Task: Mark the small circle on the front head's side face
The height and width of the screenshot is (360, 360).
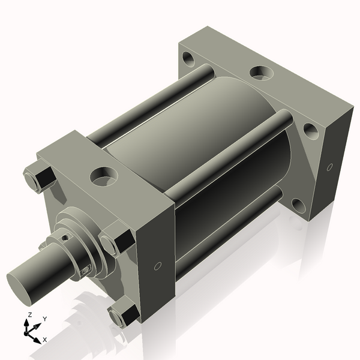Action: click(158, 266)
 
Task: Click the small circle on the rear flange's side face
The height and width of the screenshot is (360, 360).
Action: click(329, 167)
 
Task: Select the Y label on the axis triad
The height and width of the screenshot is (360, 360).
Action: click(44, 319)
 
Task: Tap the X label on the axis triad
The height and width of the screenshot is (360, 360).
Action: click(44, 340)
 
